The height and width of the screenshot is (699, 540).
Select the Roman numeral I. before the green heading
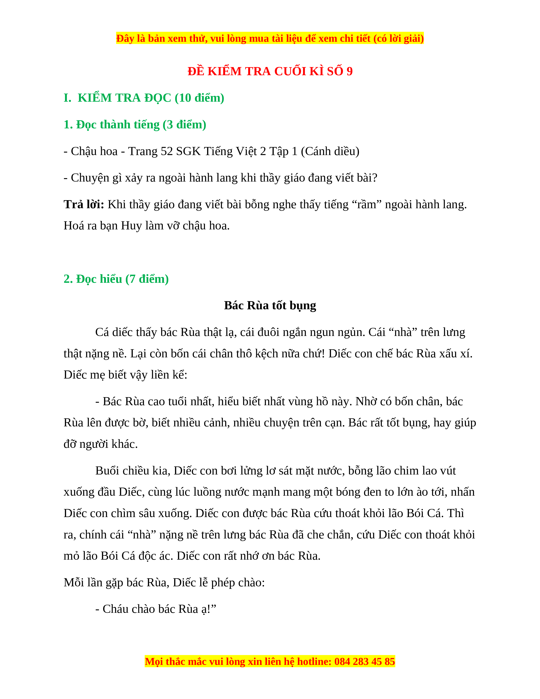click(67, 98)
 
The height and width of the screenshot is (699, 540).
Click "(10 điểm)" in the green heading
click(199, 98)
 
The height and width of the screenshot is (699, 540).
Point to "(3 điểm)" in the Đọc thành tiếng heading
click(184, 125)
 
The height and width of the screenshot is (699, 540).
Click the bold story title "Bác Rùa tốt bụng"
click(270, 306)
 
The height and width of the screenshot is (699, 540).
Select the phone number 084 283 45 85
click(365, 661)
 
